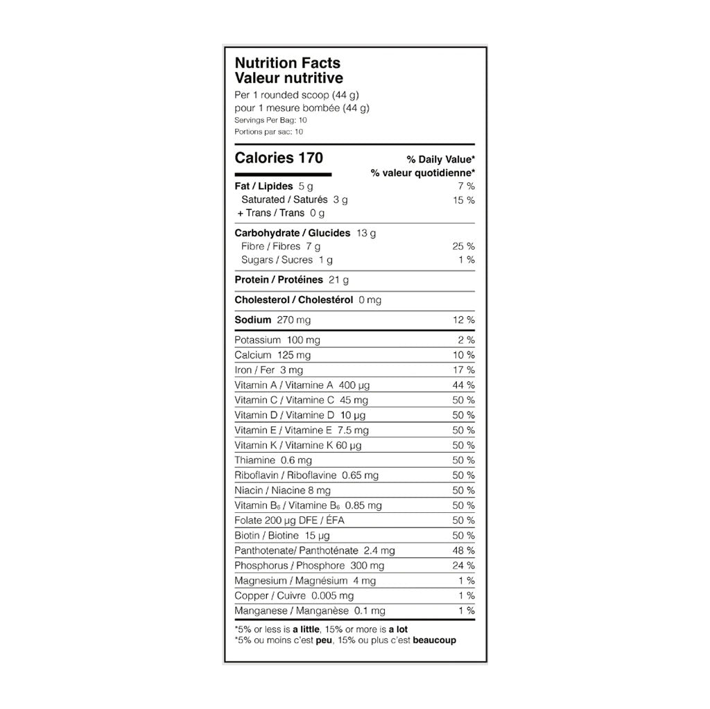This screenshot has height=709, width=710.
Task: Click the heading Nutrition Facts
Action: (x=288, y=64)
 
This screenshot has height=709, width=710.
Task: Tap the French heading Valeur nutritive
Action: (x=288, y=79)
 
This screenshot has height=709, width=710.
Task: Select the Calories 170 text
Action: (x=279, y=158)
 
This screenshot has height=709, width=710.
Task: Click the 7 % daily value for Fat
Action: (x=466, y=186)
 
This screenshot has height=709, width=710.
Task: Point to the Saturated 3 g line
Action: (x=294, y=200)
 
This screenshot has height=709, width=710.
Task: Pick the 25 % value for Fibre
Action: (x=463, y=246)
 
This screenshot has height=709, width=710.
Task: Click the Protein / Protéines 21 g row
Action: (x=291, y=279)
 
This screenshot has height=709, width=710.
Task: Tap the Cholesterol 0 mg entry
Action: (x=308, y=300)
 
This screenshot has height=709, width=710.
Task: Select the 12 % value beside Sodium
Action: (x=463, y=320)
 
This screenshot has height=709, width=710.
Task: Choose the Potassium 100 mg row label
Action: (x=277, y=340)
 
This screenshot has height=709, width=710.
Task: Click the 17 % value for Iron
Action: (x=463, y=370)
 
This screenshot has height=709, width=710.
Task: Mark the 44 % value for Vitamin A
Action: (x=463, y=385)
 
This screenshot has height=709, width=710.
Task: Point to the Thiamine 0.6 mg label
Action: (x=273, y=460)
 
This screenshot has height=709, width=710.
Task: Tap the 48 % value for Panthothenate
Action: (x=463, y=550)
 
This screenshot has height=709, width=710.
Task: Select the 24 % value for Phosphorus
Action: (x=463, y=566)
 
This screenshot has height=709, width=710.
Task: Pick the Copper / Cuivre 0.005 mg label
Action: (x=294, y=596)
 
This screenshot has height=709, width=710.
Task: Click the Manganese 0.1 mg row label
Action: (x=310, y=611)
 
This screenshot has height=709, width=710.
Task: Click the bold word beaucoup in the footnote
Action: (x=434, y=640)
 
